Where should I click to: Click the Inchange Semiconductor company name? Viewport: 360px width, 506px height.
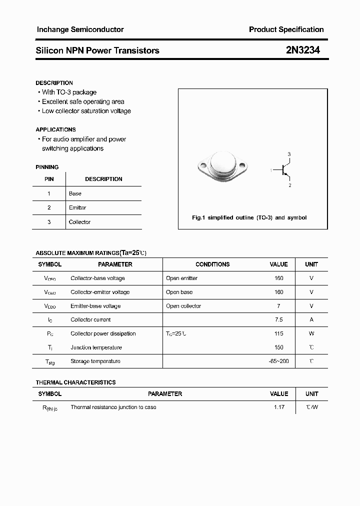pos(80,29)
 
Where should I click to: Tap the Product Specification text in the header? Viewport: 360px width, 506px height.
pos(286,29)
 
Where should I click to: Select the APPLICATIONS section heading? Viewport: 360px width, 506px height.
pos(55,129)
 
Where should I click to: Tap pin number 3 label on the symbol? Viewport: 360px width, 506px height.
pos(289,154)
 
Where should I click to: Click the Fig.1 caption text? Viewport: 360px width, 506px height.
pos(249,217)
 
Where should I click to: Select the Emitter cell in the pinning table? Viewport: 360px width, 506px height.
pos(77,207)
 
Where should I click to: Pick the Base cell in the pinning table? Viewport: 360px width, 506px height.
pos(75,193)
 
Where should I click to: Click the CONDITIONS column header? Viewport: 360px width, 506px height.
pos(212,264)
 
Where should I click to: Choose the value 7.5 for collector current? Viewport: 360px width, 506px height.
pos(278,319)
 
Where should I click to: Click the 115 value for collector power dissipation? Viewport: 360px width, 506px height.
pos(278,333)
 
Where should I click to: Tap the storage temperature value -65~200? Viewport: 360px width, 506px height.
pos(278,361)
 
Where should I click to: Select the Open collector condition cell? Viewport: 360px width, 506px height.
pos(183,306)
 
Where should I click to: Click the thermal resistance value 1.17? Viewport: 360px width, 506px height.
pos(279,407)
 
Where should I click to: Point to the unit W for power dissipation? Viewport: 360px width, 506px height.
pos(311,333)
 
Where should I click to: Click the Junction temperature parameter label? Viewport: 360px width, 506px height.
pos(96,347)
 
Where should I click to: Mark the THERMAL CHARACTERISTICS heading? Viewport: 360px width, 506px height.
pos(75,382)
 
